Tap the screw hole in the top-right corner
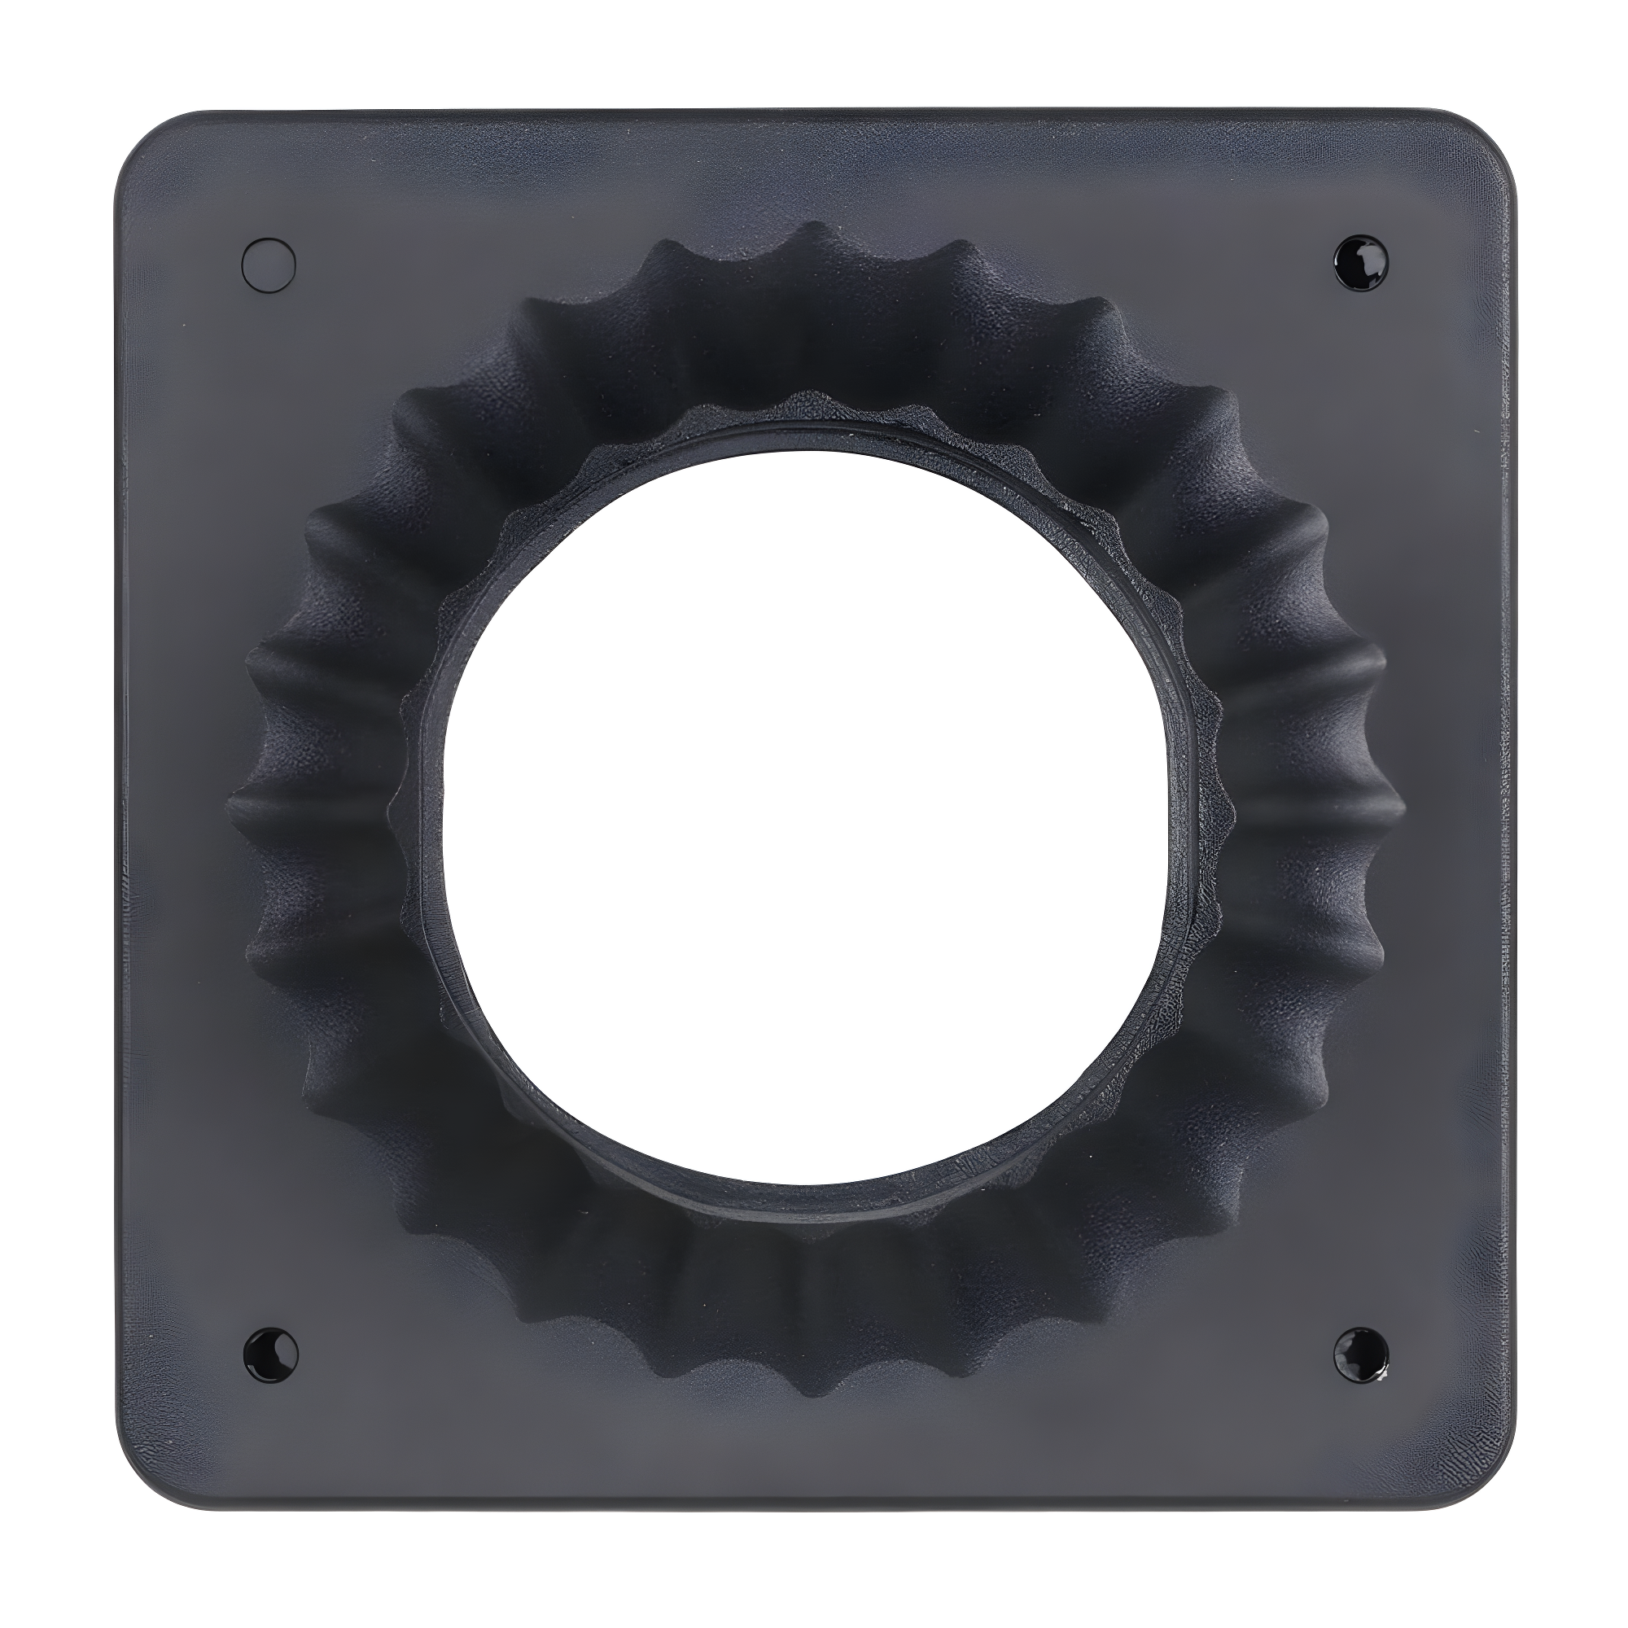tap(1361, 263)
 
